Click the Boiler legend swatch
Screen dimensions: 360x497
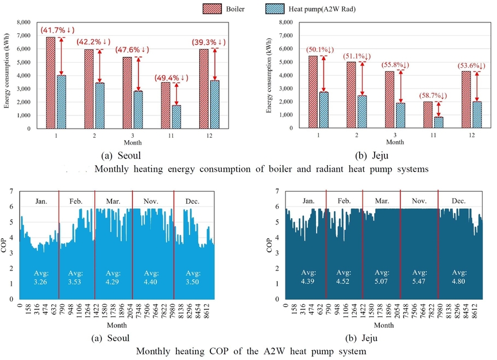[x=213, y=9]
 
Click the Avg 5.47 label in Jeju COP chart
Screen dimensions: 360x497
[x=419, y=277]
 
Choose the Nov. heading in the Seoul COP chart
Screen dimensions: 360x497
[x=152, y=201]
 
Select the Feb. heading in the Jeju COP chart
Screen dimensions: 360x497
[x=344, y=201]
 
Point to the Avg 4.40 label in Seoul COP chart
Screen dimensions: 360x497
[x=152, y=277]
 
